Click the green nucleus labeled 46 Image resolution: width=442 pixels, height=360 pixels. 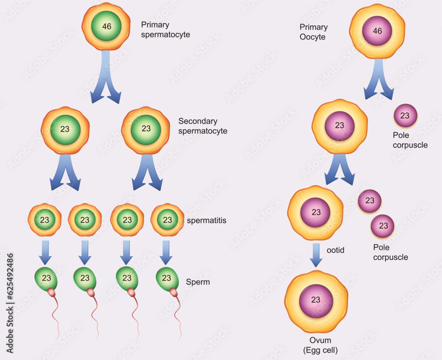pos(107,26)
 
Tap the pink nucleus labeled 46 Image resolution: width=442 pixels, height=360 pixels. pos(377,31)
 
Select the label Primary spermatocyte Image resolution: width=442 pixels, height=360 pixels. pos(165,29)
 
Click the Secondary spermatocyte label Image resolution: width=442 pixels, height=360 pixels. pos(202,126)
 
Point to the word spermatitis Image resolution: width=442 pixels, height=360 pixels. pos(206,220)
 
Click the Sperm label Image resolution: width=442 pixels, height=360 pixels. pos(198,282)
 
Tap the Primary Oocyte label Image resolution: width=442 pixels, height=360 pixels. pos(313,32)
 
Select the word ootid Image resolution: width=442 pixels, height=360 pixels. pos(335,250)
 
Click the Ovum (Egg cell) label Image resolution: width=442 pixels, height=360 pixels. pos(320,345)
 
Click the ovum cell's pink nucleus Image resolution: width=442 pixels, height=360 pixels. pos(316,300)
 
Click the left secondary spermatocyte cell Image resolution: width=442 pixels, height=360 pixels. pos(65,130)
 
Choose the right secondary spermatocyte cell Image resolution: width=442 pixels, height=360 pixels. pos(146,129)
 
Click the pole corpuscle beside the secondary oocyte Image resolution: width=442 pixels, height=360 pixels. pos(405,116)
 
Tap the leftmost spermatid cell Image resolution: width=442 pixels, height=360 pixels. pos(45,220)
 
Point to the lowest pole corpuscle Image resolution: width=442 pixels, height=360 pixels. pos(383,226)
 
